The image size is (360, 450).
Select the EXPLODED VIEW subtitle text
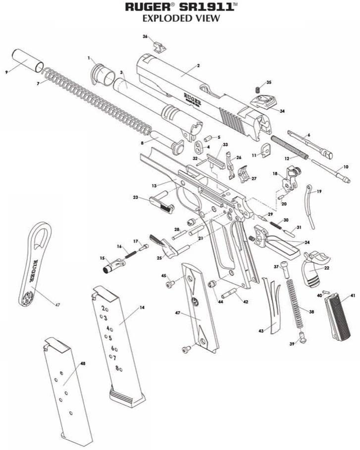tap(180, 18)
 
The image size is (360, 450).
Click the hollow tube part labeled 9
tap(26, 61)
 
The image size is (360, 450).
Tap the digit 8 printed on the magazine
tap(117, 368)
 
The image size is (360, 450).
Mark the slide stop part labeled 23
tap(161, 203)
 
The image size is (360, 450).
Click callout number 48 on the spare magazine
tap(83, 364)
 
